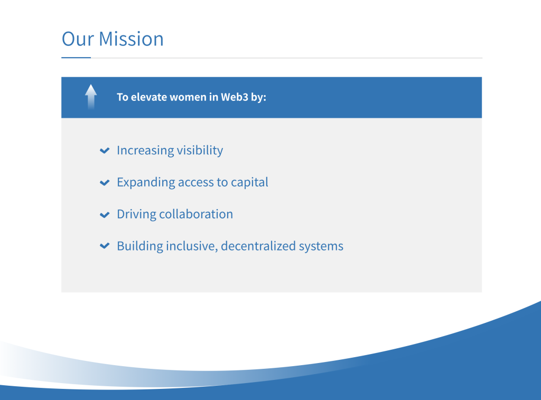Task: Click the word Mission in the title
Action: click(131, 39)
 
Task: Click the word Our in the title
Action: click(78, 39)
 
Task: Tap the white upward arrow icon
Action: click(91, 97)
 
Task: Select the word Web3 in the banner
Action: click(234, 97)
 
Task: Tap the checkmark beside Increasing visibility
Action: click(105, 151)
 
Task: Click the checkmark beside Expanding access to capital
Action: click(105, 183)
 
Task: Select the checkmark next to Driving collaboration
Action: click(105, 215)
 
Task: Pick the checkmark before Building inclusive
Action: click(105, 246)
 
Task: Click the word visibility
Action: click(200, 151)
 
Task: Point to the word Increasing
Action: click(145, 151)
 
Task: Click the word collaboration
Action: click(196, 214)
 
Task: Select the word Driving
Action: click(137, 215)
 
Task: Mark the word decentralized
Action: click(258, 246)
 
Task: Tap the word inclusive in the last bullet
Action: click(192, 246)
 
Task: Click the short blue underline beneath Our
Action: click(76, 58)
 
